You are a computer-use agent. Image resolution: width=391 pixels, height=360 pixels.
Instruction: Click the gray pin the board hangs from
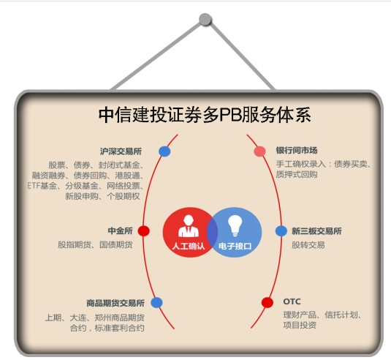coord(205,19)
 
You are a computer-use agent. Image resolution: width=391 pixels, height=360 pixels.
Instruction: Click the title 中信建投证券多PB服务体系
coord(205,115)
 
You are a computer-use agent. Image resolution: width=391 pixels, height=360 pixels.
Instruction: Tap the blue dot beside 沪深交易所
coord(164,151)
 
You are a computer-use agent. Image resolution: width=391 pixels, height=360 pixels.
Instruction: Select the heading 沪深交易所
coord(121,151)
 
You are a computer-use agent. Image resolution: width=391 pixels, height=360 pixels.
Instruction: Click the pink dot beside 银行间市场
coord(260,151)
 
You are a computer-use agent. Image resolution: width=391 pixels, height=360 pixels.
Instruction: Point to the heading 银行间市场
coord(297,150)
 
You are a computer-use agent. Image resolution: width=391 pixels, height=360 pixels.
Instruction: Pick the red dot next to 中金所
coord(144,230)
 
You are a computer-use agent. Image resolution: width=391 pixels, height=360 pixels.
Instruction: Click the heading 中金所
coord(120,230)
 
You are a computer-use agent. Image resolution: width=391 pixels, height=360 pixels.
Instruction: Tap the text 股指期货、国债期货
coord(95,244)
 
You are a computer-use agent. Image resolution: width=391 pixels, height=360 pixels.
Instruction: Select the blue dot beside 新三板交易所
coord(281,231)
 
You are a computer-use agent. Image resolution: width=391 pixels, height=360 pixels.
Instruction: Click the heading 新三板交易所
coord(316,231)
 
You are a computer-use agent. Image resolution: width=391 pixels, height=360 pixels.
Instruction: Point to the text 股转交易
coord(308,245)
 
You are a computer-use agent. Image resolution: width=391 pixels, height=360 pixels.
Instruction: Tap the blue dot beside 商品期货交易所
coord(156,303)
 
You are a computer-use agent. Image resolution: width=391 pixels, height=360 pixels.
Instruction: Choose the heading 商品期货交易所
coord(115,303)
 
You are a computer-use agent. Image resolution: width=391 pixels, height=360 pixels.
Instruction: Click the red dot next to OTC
coord(267,302)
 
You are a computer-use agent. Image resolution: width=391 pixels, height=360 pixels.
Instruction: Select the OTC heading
coord(292,301)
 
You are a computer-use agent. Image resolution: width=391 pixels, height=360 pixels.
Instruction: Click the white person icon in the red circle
coord(189,226)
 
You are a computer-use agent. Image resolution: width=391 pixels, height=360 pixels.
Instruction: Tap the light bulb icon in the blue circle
coord(235,225)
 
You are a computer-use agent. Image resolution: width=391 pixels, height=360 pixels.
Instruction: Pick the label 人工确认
coord(189,246)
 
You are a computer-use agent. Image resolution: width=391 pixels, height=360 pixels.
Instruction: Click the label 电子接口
coord(235,246)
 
